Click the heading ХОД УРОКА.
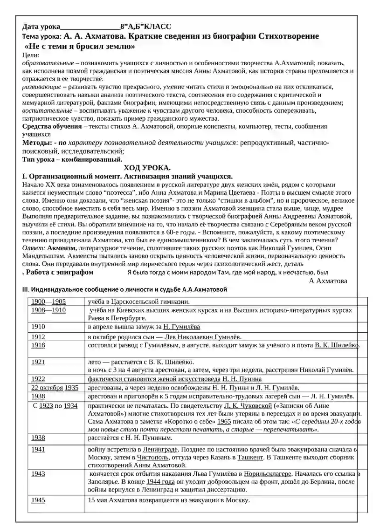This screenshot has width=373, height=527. pos(147,168)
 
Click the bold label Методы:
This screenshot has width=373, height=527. pos(37,143)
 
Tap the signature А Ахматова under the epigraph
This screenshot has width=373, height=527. pos(328,281)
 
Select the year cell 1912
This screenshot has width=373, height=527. pos(38,336)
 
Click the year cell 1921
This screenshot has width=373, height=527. pos(38,362)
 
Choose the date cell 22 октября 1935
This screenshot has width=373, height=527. pos(55,387)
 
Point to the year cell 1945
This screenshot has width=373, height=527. pos(38,500)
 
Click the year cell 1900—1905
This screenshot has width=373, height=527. pos(48,301)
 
